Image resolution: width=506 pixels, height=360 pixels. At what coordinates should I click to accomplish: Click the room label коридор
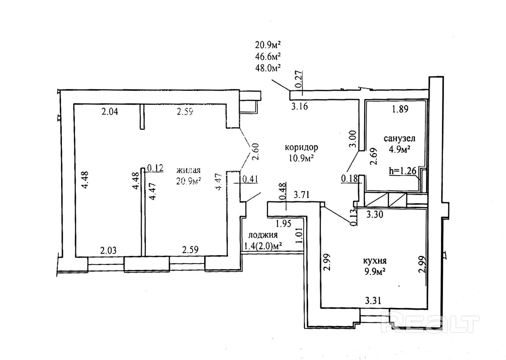point(301,147)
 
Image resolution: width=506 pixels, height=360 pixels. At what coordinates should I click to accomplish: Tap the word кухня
point(375,261)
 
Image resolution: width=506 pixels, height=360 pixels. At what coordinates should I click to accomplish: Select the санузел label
point(399,139)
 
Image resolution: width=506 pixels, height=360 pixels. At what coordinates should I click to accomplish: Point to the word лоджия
point(263,235)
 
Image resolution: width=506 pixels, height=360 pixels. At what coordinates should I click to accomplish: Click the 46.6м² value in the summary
point(268,56)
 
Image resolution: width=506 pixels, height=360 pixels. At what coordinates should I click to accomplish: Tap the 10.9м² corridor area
point(301,158)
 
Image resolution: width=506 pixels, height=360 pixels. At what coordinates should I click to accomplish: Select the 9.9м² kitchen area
point(375,272)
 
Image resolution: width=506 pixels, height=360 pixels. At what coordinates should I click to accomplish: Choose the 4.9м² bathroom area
point(399,149)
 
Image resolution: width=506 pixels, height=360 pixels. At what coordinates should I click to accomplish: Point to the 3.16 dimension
point(300,106)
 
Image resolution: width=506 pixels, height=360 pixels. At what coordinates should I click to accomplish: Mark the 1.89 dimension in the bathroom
point(400,110)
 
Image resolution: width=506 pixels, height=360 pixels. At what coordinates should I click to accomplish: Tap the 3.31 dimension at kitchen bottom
point(373,300)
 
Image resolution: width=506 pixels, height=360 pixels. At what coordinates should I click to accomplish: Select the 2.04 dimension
point(110,111)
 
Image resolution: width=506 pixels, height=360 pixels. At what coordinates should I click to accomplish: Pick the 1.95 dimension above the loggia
point(283,224)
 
